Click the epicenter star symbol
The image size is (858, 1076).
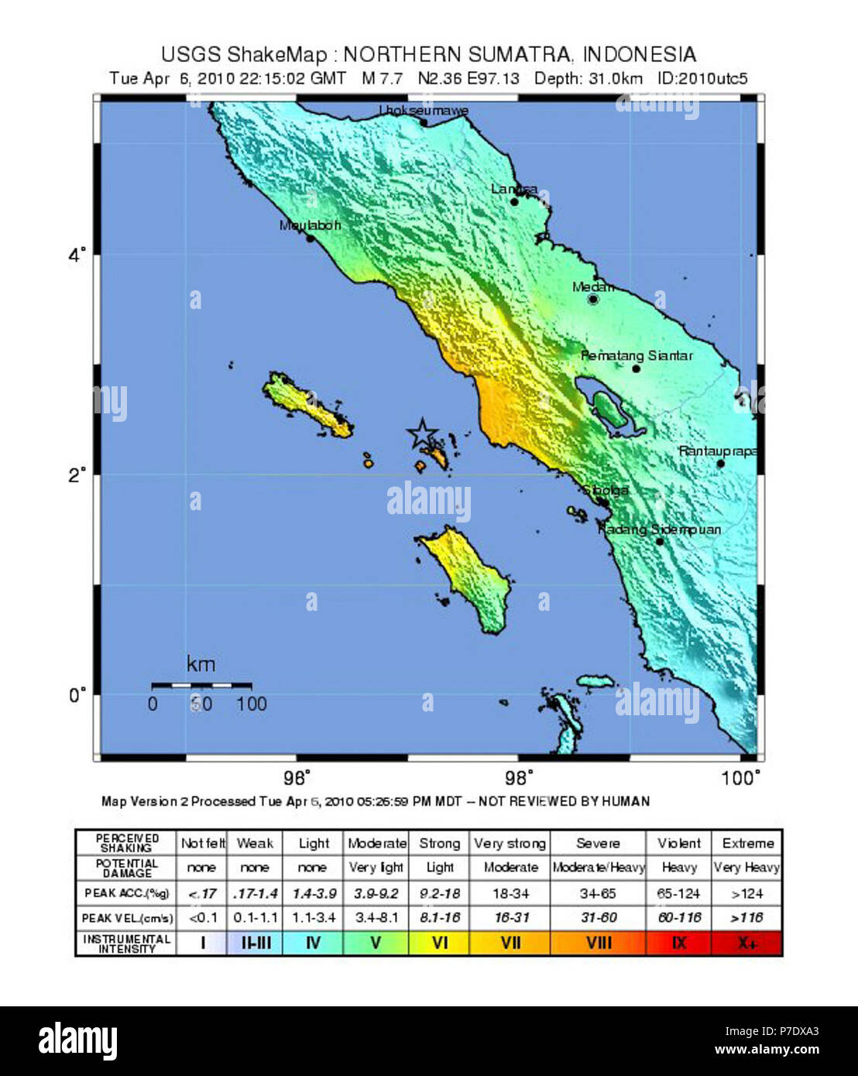click(x=422, y=434)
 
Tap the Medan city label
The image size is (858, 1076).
click(x=592, y=287)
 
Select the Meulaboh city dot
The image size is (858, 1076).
click(x=311, y=238)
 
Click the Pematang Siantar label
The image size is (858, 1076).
click(x=637, y=356)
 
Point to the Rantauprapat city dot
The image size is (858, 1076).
click(x=720, y=464)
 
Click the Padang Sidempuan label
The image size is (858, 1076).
click(x=660, y=529)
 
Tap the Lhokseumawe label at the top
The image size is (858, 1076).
click(x=423, y=111)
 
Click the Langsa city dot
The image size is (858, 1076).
click(x=514, y=202)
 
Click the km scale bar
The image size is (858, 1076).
click(x=201, y=685)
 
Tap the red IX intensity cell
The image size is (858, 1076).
click(x=678, y=943)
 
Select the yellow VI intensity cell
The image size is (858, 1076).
click(x=439, y=943)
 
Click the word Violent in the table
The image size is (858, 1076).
click(x=678, y=844)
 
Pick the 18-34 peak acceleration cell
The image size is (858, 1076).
click(x=510, y=893)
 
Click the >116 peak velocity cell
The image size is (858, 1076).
click(x=746, y=917)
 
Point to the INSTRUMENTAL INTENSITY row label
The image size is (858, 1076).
click(x=126, y=943)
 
